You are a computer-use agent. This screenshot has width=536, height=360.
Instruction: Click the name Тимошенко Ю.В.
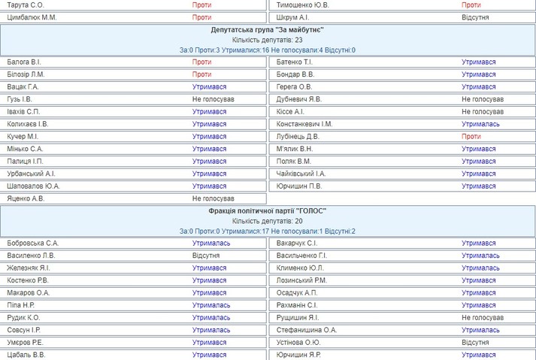[x=303, y=5]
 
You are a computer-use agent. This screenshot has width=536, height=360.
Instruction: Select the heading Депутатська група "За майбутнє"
[x=268, y=29]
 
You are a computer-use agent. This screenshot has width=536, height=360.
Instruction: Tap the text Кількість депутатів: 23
[x=268, y=40]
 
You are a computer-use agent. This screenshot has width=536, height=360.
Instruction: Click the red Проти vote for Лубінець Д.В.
[x=471, y=137]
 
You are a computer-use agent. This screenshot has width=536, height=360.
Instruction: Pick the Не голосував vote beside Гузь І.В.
[x=213, y=99]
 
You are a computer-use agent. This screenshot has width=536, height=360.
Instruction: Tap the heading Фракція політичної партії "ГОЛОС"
[x=268, y=211]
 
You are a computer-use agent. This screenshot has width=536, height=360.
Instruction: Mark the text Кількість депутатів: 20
[x=268, y=221]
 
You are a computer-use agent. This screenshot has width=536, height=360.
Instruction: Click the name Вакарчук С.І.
[x=297, y=244]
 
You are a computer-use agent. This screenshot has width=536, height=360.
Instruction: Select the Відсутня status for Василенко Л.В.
[x=206, y=256]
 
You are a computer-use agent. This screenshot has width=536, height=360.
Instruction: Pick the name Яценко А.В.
[x=26, y=198]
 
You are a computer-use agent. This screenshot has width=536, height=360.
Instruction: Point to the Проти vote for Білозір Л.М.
[x=201, y=74]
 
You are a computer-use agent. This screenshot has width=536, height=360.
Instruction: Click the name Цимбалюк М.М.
[x=32, y=17]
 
